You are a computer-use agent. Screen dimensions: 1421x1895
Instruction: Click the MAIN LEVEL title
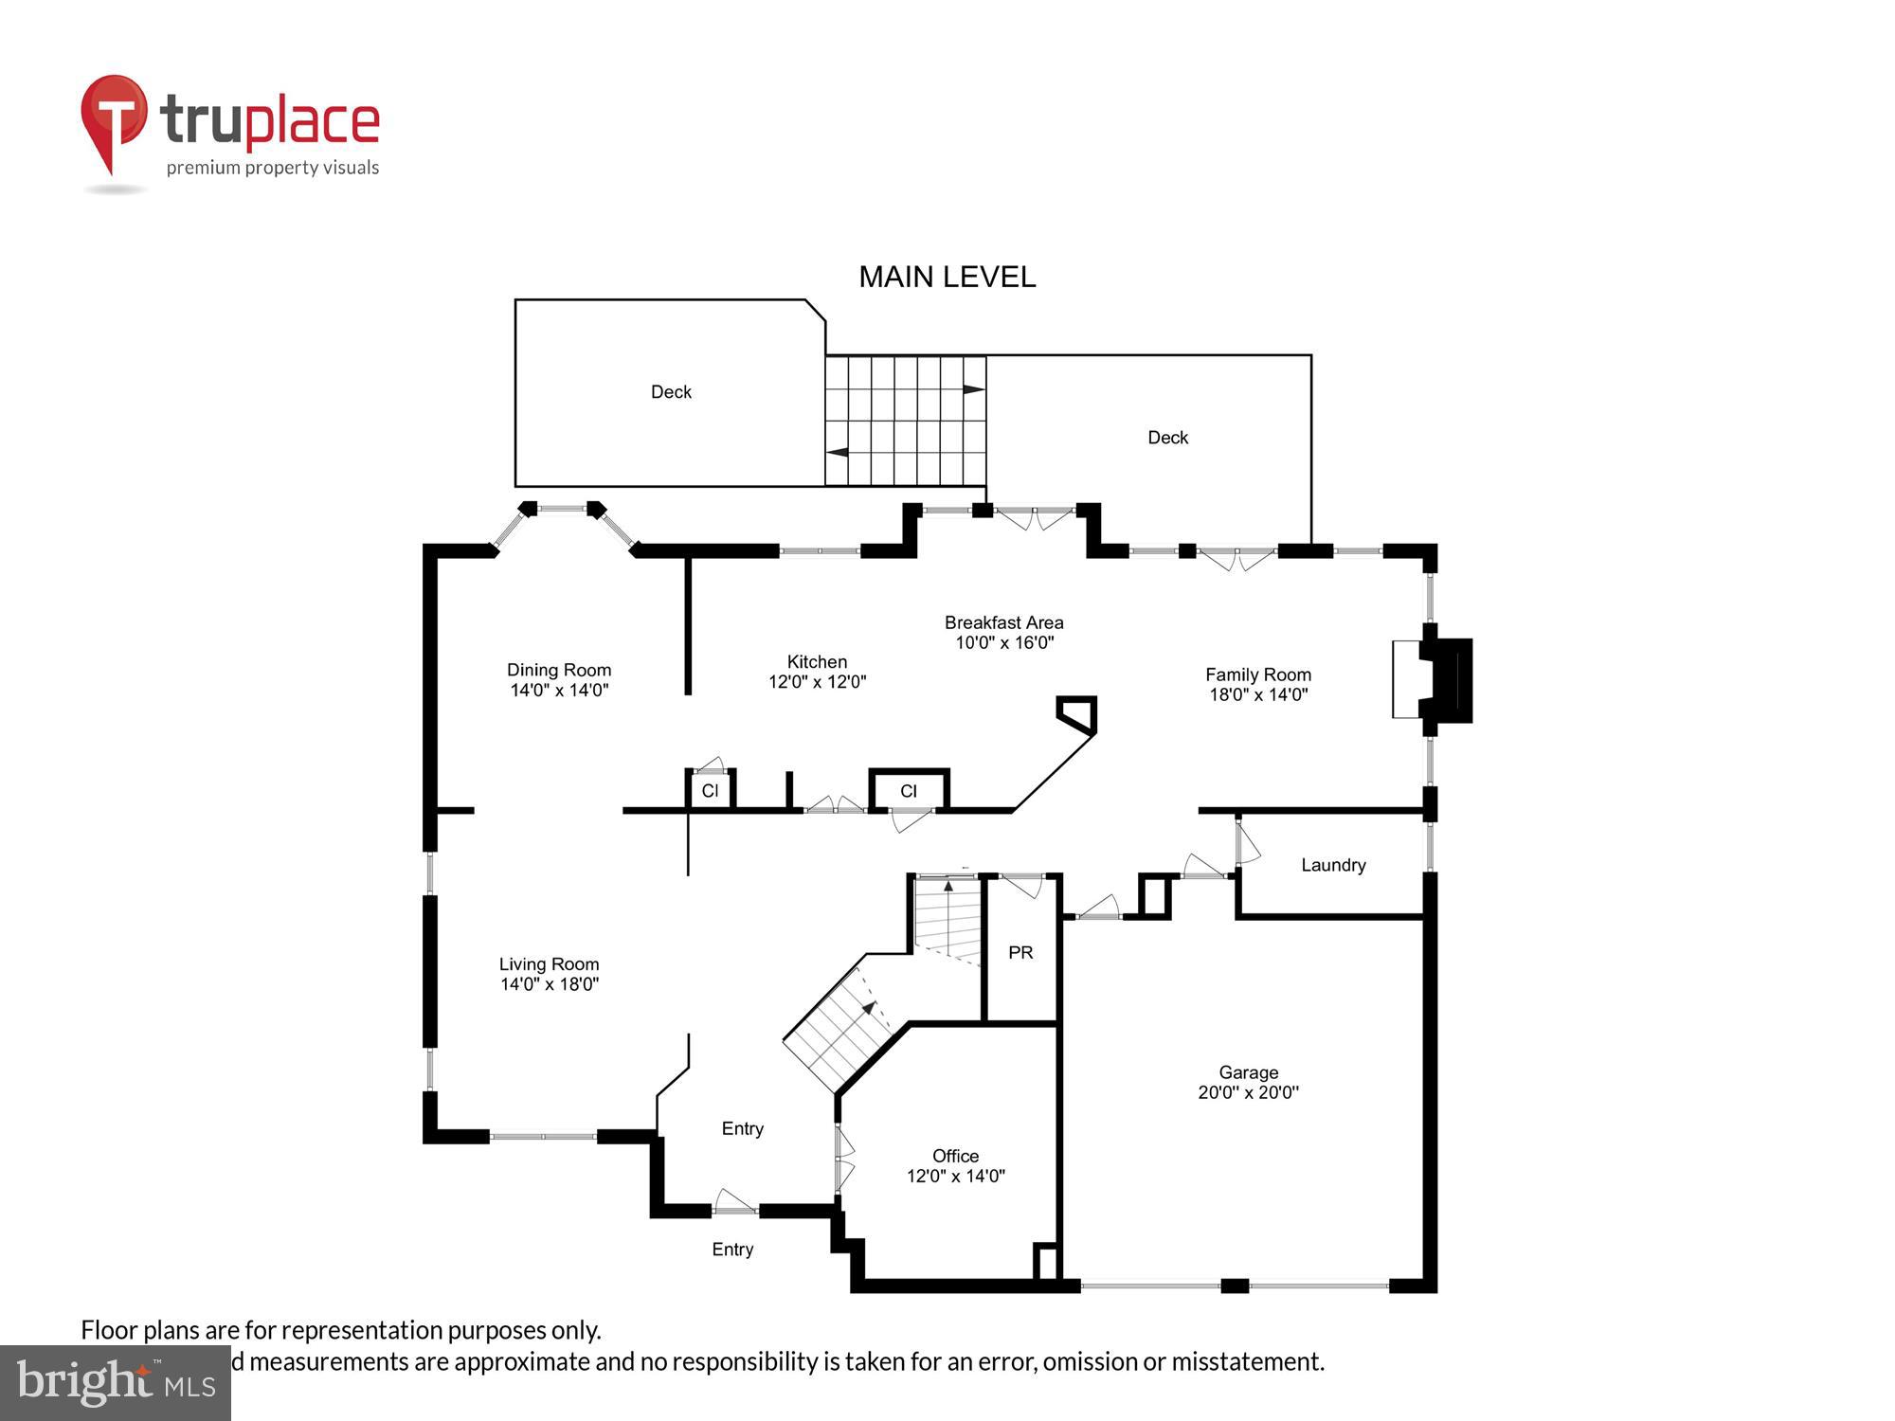tap(947, 277)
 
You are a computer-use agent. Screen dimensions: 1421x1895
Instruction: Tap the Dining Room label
tap(559, 670)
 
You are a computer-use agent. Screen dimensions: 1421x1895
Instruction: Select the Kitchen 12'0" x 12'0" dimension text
tap(817, 681)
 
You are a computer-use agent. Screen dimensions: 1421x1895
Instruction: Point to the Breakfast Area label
tap(1003, 622)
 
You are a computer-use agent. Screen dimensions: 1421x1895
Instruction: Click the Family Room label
tap(1257, 675)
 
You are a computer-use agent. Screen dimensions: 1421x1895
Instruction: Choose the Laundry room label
tap(1332, 865)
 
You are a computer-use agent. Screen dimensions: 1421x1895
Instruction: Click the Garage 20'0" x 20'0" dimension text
tap(1248, 1092)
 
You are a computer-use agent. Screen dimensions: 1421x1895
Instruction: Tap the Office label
tap(955, 1156)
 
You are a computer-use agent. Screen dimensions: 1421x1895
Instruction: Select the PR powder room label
tap(1020, 952)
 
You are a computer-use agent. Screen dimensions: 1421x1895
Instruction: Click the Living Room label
tap(549, 964)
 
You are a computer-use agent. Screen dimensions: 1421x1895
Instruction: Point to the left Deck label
tap(671, 392)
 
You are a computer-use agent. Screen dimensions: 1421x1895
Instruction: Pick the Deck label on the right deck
tap(1167, 438)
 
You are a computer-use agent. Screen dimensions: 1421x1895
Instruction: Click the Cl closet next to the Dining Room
tap(710, 791)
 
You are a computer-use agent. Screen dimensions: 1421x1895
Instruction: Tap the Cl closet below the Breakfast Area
tap(909, 791)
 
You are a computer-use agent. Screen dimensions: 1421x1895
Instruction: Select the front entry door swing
tap(734, 1201)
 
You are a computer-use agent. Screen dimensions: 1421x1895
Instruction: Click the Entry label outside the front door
tap(732, 1250)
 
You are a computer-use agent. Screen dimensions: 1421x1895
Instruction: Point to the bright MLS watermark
tap(116, 1383)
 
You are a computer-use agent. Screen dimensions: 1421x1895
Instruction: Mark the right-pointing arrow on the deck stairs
tap(973, 389)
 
